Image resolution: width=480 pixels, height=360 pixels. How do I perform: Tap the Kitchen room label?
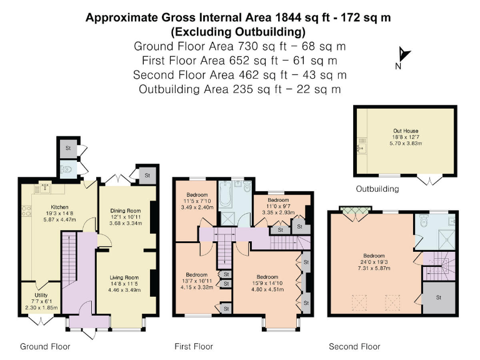coord(59,206)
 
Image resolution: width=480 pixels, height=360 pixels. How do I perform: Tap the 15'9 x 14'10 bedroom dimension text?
coord(267,283)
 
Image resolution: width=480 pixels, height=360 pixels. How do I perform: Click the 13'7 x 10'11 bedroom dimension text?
coord(196,281)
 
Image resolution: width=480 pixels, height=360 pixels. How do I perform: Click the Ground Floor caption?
coord(45,346)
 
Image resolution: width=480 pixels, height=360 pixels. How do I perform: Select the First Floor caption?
coord(194,346)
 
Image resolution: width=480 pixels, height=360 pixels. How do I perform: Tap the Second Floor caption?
coord(354,346)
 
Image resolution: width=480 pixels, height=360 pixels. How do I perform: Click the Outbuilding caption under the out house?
coord(377,189)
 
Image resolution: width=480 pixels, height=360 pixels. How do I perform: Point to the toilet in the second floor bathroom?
coord(425,221)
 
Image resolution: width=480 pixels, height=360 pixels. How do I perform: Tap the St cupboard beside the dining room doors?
coord(147,176)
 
